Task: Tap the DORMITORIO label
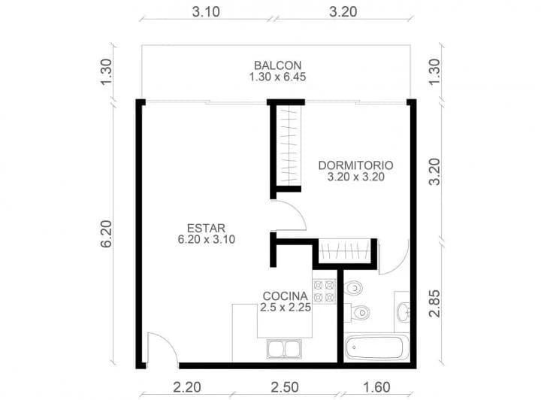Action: coord(356,165)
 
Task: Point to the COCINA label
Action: coord(285,295)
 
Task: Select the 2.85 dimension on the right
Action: coord(433,301)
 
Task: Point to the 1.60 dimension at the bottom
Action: coord(376,387)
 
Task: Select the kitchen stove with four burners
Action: coord(325,292)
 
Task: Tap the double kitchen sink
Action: coord(286,350)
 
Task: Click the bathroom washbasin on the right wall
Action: coord(402,309)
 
